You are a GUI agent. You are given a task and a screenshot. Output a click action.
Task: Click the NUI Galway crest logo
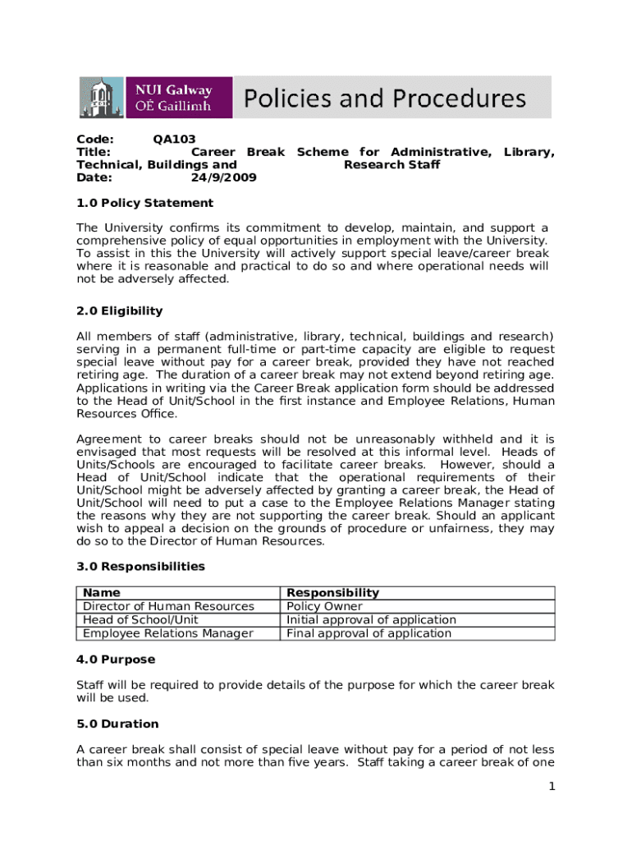pos(99,98)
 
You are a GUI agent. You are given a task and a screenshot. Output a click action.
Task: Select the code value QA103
pos(174,140)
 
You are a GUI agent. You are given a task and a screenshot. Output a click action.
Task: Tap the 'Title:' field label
pos(94,152)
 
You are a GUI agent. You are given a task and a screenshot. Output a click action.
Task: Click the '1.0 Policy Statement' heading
pos(144,203)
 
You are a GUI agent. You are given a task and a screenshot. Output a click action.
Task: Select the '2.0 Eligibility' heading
pos(120,311)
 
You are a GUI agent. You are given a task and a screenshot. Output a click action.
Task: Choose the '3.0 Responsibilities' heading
pos(140,567)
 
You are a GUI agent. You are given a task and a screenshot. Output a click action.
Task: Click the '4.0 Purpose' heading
pos(116,659)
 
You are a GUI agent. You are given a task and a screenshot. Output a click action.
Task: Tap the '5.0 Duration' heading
pos(117,724)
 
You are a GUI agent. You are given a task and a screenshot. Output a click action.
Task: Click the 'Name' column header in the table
pos(102,593)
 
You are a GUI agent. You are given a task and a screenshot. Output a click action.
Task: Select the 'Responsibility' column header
pos(332,593)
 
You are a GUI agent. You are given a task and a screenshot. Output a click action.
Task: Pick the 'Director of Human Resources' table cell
pos(168,606)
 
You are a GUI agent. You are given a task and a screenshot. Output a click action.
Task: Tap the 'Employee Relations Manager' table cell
pos(168,633)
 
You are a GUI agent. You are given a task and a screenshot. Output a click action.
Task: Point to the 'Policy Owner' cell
pos(323,606)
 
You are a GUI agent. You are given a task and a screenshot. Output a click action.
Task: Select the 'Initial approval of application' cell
pos(371,620)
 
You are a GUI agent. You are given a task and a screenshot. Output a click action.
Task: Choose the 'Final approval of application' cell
pos(369,633)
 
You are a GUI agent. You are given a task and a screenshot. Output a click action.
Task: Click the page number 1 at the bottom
pos(552,787)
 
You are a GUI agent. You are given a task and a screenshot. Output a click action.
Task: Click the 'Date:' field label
pos(93,177)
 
